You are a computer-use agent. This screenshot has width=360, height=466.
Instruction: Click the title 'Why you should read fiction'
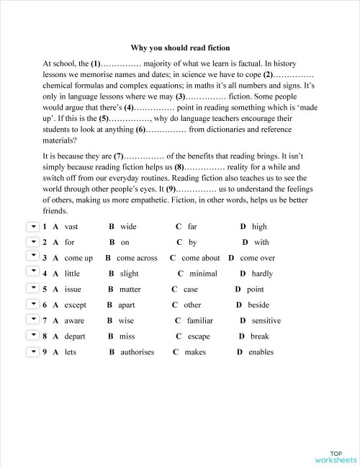pos(180,48)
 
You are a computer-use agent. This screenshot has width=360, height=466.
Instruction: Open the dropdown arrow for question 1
pos(32,226)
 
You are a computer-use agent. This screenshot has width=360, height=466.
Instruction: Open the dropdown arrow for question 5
pos(32,289)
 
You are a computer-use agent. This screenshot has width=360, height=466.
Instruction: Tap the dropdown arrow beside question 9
pos(32,351)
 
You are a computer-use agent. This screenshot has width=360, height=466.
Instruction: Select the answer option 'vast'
pos(71,227)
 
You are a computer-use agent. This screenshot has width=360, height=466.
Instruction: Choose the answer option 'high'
pos(259,227)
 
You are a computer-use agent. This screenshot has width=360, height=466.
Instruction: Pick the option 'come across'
pos(137,258)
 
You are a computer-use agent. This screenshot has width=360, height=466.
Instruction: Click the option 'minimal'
pos(203,274)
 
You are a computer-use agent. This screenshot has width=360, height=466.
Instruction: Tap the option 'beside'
pos(258,305)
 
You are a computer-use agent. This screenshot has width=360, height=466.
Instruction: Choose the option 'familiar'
pos(200,321)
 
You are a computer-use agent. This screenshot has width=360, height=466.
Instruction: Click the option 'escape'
pos(199,336)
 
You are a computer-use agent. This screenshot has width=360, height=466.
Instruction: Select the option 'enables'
pos(261,352)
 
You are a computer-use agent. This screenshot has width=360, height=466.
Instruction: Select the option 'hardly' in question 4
pos(262,274)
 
